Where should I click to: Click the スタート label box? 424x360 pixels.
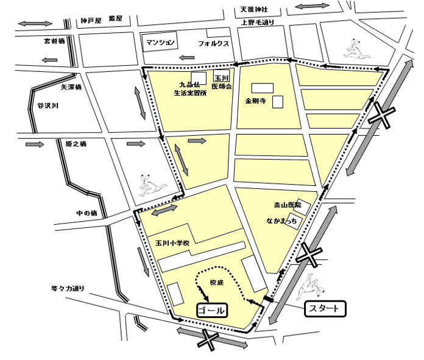324,308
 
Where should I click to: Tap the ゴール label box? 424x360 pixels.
211,309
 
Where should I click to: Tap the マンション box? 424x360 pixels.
161,43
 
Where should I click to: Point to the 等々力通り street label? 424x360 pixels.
68,288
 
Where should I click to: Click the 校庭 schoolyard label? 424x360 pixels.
218,283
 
